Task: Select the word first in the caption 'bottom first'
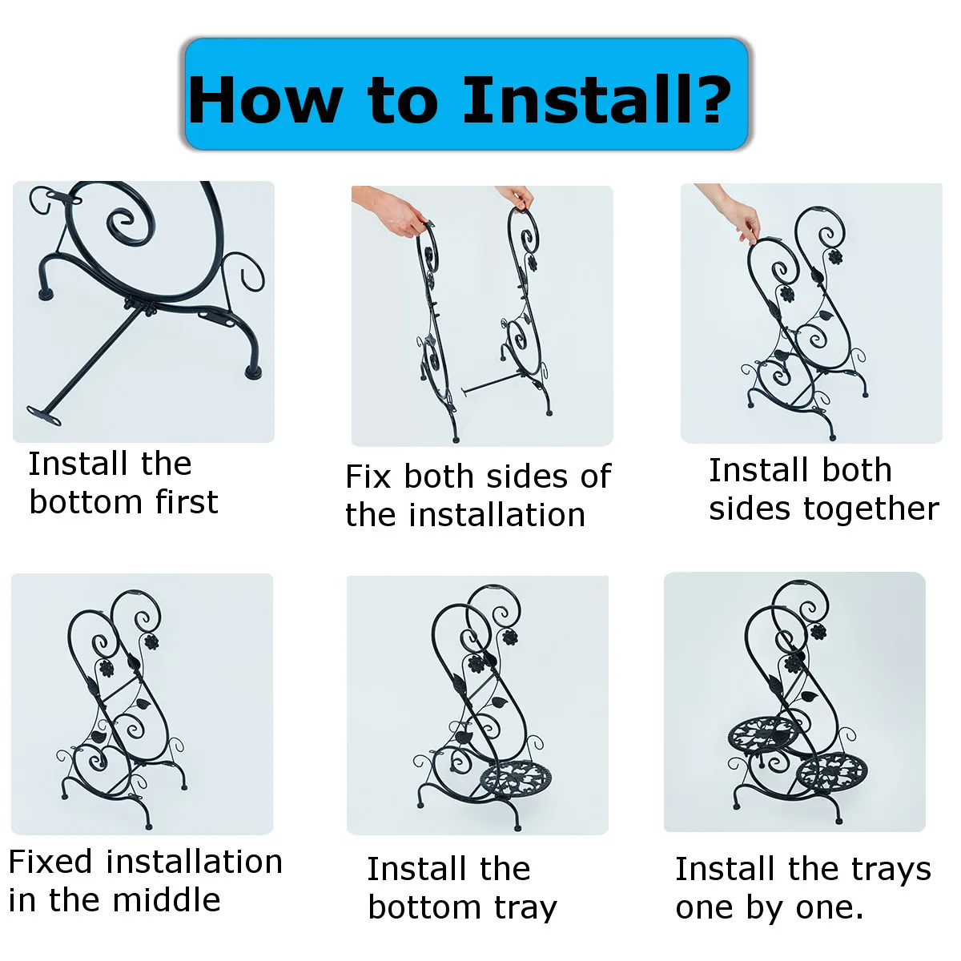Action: (x=187, y=501)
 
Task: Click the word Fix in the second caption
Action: (x=368, y=476)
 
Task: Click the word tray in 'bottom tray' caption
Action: (x=525, y=909)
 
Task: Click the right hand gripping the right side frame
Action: (x=517, y=196)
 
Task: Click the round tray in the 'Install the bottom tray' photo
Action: (x=516, y=782)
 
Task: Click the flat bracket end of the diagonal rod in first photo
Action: (x=44, y=415)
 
